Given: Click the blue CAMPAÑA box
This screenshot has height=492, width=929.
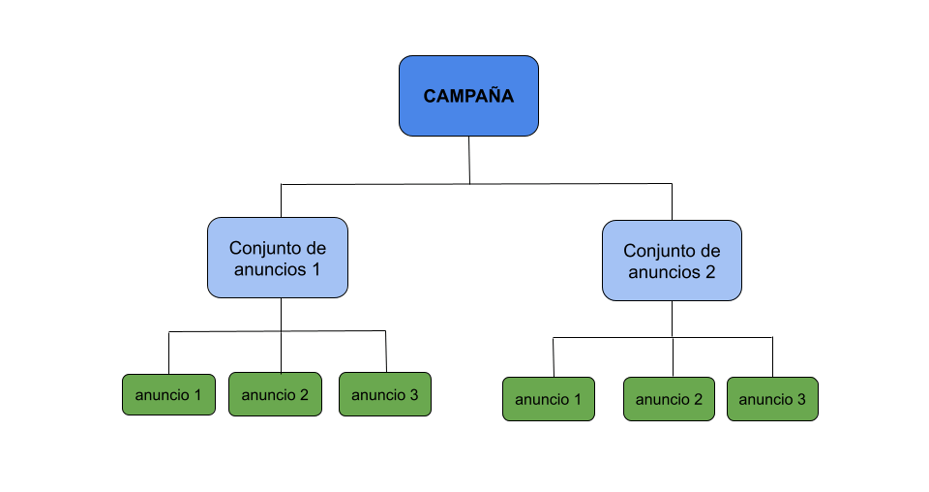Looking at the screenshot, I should (468, 95).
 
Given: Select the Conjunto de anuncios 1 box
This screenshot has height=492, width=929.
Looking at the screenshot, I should (277, 257).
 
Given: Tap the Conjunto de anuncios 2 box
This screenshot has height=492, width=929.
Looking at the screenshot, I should (672, 260).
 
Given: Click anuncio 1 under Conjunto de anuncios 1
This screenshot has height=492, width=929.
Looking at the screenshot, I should (168, 394).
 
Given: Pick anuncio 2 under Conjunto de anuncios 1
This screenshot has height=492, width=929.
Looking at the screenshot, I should (275, 394).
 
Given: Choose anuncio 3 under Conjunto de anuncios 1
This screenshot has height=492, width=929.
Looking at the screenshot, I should (384, 394).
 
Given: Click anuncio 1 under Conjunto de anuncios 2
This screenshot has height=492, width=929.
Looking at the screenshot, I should (549, 399).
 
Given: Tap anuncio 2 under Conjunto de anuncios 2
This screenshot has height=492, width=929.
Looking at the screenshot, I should (669, 399).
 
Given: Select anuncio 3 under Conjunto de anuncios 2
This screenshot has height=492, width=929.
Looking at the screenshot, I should (772, 399).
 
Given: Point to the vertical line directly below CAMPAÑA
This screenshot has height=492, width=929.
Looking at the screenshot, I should (469, 159).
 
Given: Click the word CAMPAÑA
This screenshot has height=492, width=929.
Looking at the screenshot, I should (468, 96).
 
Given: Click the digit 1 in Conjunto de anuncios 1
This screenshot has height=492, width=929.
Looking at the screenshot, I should (315, 269).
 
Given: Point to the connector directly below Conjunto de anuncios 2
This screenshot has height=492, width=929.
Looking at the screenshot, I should (672, 319).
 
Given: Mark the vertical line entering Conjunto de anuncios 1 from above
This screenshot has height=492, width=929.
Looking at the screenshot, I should (281, 200).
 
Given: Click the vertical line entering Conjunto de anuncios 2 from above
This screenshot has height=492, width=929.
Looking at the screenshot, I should (672, 201).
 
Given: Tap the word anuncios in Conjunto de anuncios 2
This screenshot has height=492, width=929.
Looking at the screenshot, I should (663, 272).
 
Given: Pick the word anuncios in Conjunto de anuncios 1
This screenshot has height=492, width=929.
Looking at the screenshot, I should (269, 269).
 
